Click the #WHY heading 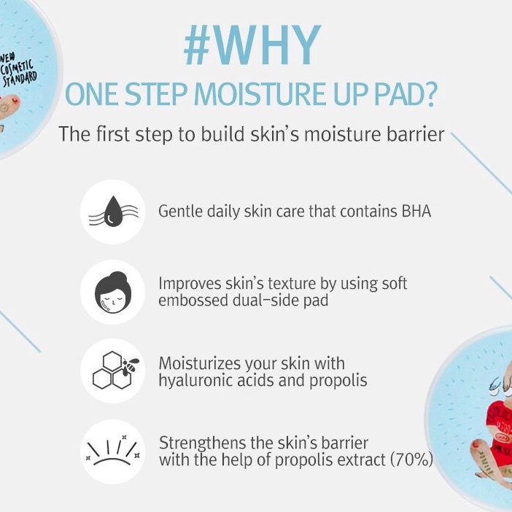[252, 46]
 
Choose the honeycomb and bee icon [112, 371]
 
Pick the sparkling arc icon [112, 451]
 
